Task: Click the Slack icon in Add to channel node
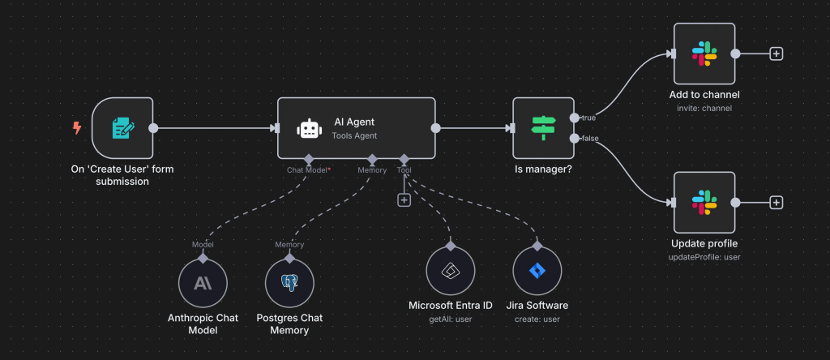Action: tap(704, 54)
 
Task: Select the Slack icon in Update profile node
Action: tap(704, 202)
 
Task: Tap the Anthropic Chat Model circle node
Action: tap(203, 284)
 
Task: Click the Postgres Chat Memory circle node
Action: tap(289, 284)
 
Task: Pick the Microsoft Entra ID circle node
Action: tap(450, 271)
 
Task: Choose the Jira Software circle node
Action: tap(537, 271)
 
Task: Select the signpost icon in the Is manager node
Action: tap(543, 128)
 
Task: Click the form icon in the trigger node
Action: tap(122, 127)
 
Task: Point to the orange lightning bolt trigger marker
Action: tap(77, 127)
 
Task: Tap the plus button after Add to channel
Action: tap(776, 54)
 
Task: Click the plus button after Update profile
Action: tap(776, 202)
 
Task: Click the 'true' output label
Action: tap(589, 118)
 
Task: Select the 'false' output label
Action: tap(591, 139)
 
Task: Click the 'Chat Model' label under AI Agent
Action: tap(306, 170)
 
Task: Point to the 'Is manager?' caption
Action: tap(542, 170)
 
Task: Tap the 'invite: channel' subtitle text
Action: tap(704, 109)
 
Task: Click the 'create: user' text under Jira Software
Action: tap(537, 319)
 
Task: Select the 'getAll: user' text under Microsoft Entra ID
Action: tap(450, 319)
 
